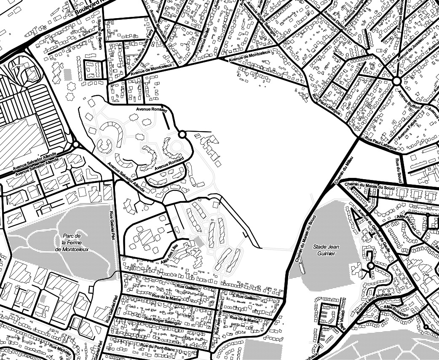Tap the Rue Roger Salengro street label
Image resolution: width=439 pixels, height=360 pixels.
point(163,321)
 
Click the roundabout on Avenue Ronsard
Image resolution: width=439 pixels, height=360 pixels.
point(182,134)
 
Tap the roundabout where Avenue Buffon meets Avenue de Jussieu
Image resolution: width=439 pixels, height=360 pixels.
point(396,81)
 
